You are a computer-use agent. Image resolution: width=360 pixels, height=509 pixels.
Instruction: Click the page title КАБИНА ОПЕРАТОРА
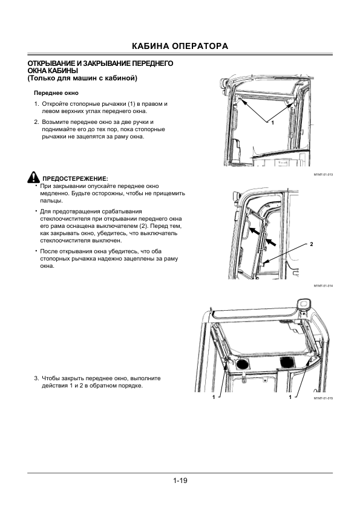click(x=180, y=46)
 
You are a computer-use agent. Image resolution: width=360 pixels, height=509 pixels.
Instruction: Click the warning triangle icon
click(x=33, y=177)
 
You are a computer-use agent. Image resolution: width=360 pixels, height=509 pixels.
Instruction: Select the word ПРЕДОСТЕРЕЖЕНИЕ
click(x=74, y=178)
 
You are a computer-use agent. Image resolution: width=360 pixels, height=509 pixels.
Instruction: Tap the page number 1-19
click(x=180, y=481)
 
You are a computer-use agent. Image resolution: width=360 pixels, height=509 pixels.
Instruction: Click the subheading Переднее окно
click(x=56, y=93)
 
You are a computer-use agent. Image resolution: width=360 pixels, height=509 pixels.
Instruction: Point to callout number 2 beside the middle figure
click(x=311, y=244)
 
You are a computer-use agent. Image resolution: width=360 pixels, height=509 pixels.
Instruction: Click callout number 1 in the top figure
click(x=273, y=123)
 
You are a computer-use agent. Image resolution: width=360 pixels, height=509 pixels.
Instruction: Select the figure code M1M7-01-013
click(x=323, y=175)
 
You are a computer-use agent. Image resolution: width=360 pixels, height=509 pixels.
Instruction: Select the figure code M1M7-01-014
click(x=323, y=286)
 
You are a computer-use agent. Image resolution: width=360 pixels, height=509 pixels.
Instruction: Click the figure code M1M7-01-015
click(x=323, y=398)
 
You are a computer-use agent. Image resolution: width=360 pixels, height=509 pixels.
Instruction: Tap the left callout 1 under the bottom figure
click(x=214, y=397)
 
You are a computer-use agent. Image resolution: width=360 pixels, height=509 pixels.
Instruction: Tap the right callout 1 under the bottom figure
click(x=290, y=397)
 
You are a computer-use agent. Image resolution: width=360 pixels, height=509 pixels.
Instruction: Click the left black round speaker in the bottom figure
click(x=241, y=364)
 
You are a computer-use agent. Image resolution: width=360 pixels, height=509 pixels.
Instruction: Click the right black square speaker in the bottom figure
click(x=287, y=362)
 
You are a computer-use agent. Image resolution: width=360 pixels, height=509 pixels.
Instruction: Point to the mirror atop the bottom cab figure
click(x=303, y=305)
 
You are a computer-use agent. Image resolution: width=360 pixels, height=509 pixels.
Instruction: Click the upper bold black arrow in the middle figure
click(x=256, y=231)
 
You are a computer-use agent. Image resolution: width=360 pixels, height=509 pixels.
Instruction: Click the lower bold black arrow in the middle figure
click(x=272, y=242)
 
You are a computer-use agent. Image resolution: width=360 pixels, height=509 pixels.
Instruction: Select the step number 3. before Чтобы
click(x=37, y=378)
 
